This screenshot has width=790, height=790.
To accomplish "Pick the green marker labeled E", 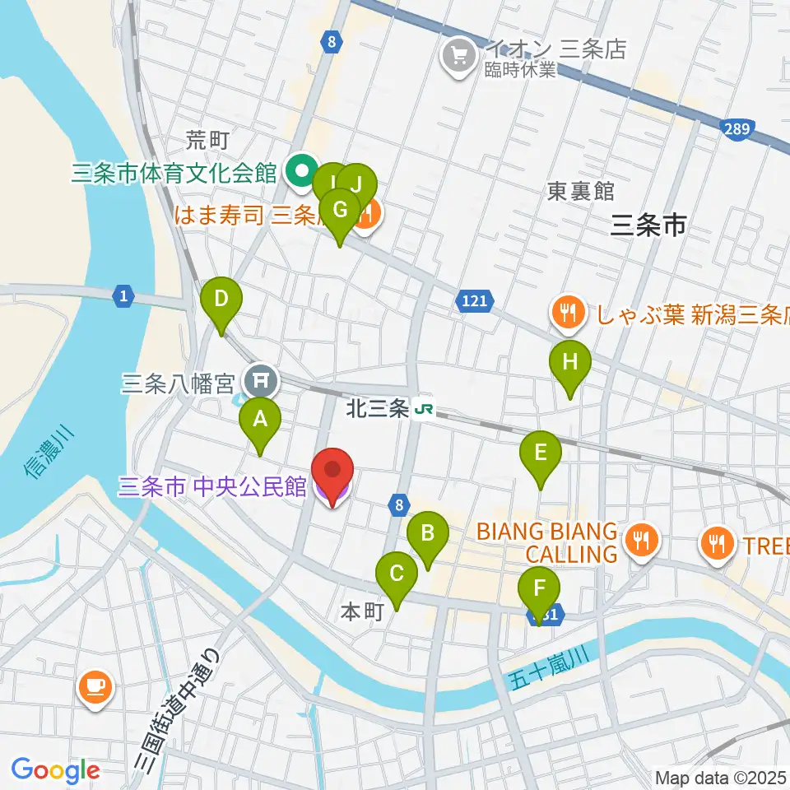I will tap(540, 453).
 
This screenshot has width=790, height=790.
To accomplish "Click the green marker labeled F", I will tap(539, 590).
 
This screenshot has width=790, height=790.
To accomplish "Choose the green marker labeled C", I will tap(396, 574).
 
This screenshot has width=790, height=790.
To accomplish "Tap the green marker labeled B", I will tap(427, 533).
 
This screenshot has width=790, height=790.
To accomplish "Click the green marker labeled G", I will tap(338, 211).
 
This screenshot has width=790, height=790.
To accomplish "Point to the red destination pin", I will tap(332, 473).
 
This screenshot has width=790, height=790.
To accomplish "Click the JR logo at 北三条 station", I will tap(425, 409).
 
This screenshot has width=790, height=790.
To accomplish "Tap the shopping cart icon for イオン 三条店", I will tap(454, 56).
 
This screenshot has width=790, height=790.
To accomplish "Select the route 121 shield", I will tap(473, 302).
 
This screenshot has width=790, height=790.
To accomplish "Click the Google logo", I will tap(54, 770).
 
